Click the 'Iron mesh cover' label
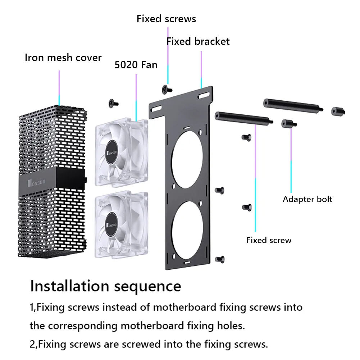[x=63, y=58]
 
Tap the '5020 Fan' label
[x=136, y=65]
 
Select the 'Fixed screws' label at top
[x=166, y=19]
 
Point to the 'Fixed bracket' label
[x=198, y=41]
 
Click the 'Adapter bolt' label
[x=307, y=199]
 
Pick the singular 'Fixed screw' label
[x=269, y=240]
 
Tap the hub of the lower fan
[x=113, y=220]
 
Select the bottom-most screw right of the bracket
[x=220, y=259]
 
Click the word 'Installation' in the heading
[x=70, y=286]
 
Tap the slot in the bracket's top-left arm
[x=158, y=107]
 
